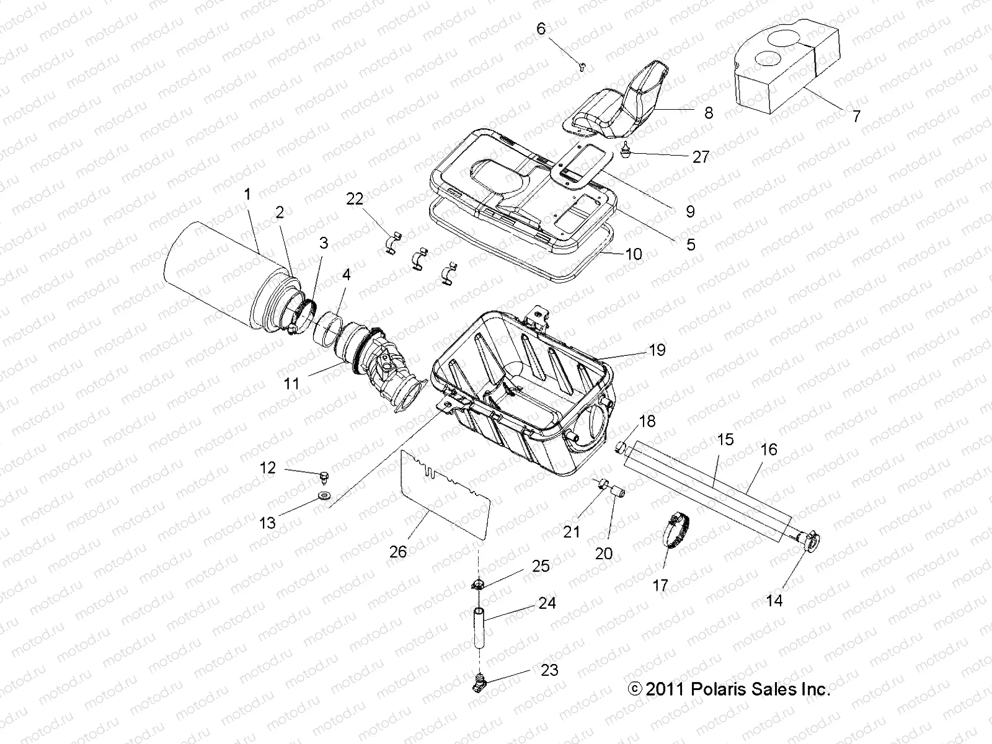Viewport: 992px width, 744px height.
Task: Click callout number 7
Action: tap(856, 116)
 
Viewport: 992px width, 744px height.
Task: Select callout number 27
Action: tap(701, 157)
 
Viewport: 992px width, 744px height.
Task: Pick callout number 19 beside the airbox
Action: tap(657, 350)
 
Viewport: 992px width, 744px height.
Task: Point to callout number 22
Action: tap(355, 198)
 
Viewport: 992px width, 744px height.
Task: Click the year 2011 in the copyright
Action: tap(663, 689)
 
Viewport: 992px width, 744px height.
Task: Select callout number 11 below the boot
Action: tap(291, 384)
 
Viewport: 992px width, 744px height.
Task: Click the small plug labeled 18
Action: tap(620, 447)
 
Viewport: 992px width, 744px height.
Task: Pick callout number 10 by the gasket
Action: tap(634, 254)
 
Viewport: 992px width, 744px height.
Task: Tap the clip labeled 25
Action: tap(479, 583)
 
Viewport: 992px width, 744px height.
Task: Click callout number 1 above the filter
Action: tap(247, 195)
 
